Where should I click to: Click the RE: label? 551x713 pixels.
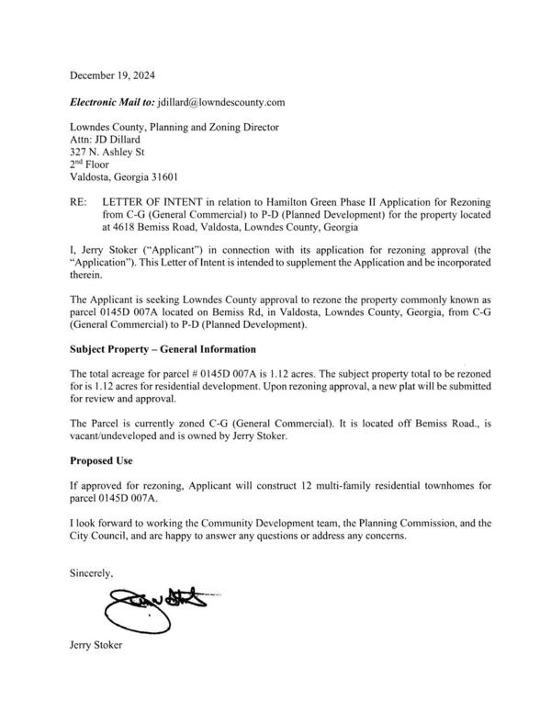(81, 200)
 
